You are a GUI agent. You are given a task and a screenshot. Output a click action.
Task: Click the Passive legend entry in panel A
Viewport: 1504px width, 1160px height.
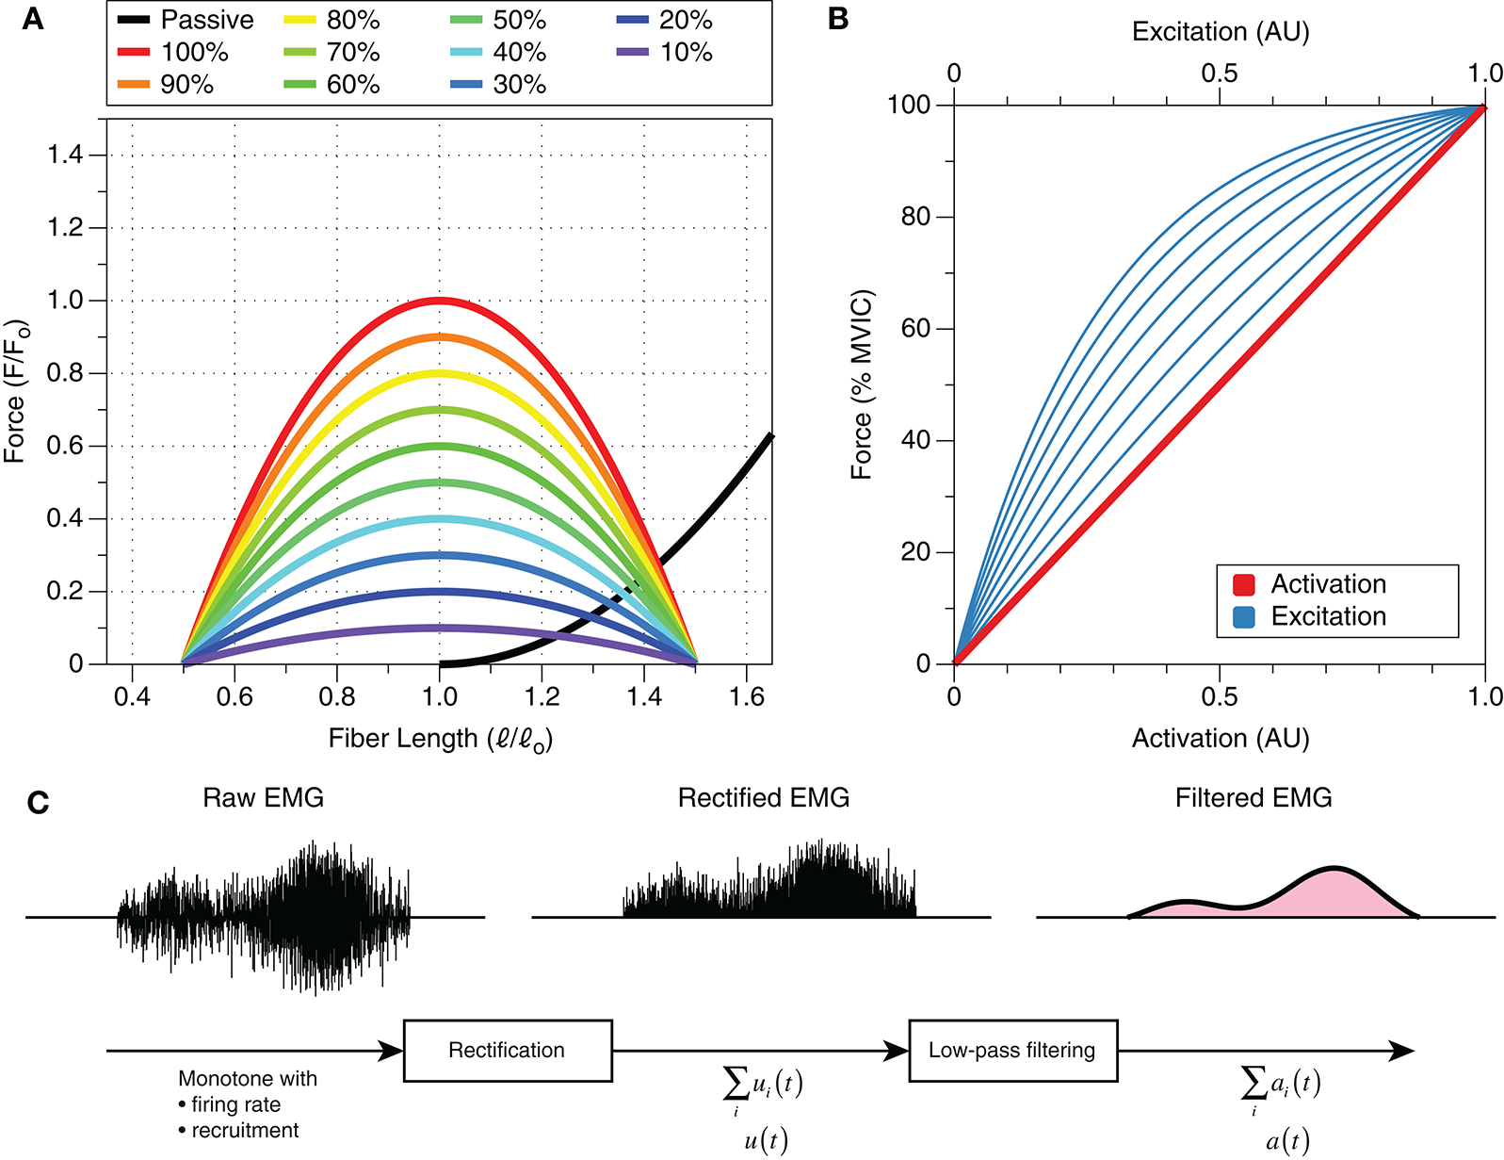tap(186, 20)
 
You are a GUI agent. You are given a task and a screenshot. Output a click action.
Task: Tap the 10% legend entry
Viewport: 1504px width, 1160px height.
tap(665, 52)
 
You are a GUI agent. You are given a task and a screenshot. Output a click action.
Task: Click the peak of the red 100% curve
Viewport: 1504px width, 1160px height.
tap(439, 301)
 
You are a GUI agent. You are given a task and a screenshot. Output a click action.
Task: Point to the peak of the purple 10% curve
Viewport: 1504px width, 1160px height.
tap(439, 628)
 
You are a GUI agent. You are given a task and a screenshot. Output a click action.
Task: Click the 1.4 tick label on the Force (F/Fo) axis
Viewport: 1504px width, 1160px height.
tap(66, 155)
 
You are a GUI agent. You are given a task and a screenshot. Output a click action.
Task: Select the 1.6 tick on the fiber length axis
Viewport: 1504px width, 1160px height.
tap(746, 698)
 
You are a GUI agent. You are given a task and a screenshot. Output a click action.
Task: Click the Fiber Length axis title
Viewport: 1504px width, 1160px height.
tap(440, 739)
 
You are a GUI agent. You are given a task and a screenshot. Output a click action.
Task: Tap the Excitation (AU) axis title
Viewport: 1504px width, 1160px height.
tap(1221, 32)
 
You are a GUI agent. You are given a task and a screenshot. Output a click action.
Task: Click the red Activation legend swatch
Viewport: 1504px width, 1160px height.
tap(1244, 585)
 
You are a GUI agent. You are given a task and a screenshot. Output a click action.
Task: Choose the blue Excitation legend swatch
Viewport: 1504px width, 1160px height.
tap(1244, 617)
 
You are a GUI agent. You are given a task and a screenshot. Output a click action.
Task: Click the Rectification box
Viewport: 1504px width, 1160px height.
tap(508, 1051)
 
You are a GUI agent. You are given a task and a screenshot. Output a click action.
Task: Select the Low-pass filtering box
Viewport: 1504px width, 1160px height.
tap(1012, 1051)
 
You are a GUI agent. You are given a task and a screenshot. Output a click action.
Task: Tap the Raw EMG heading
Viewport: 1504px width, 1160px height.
tap(263, 798)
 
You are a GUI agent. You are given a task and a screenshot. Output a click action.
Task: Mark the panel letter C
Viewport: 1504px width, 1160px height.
tap(38, 803)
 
